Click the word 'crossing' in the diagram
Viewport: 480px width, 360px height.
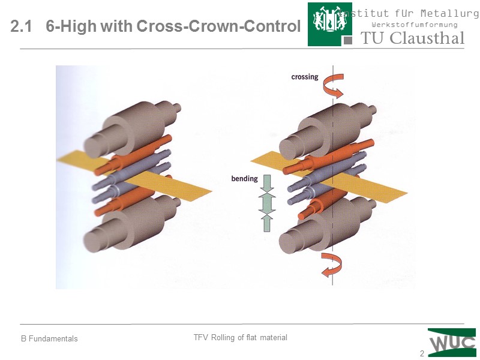(x=304, y=77)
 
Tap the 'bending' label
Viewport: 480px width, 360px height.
(x=244, y=178)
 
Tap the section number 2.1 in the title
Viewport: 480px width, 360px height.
(x=22, y=27)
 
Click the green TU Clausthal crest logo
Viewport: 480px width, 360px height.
(x=330, y=24)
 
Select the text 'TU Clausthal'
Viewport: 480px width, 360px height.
(x=413, y=38)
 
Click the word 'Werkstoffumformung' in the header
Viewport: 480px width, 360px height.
(x=415, y=25)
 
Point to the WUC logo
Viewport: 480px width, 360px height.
(x=452, y=342)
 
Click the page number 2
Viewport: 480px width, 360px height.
(x=422, y=354)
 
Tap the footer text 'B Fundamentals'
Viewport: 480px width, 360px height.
(x=50, y=339)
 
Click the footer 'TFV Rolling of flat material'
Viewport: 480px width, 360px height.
(x=240, y=338)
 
